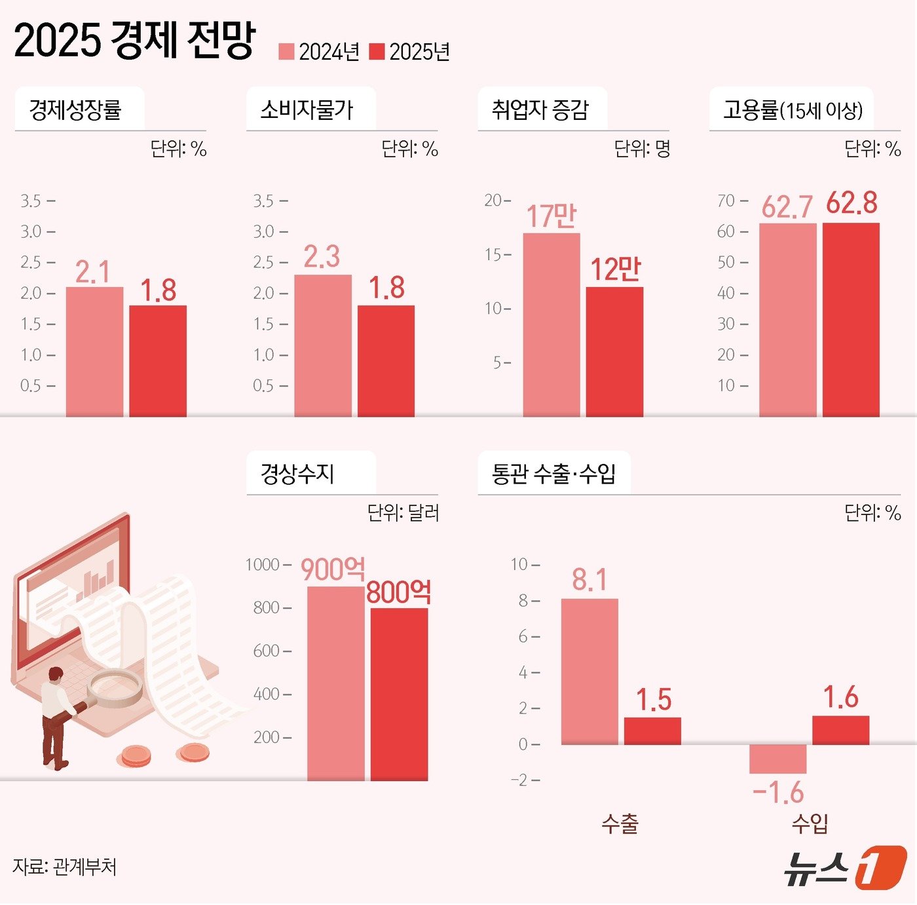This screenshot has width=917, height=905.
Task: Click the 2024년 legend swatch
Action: pos(286,52)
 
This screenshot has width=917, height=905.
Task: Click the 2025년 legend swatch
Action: pos(377,52)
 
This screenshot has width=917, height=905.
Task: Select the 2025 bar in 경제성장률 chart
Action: pos(158,360)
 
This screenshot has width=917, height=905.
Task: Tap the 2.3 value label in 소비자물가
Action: pos(322,257)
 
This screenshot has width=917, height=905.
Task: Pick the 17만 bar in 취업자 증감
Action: pos(551,324)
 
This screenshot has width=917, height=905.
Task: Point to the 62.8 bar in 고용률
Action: pos(851,320)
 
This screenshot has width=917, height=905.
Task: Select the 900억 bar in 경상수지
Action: pos(335,683)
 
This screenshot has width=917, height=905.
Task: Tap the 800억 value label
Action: pos(398,592)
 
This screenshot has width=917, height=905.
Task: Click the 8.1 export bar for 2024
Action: pos(589,671)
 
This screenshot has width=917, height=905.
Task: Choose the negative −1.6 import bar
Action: pos(777,759)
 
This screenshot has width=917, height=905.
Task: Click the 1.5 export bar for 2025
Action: pos(652,731)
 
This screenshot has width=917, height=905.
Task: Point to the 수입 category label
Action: pos(810,824)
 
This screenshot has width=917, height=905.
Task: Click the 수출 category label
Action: pos(620,824)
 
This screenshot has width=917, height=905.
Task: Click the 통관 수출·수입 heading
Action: pos(553,473)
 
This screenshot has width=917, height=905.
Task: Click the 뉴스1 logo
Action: pos(845,868)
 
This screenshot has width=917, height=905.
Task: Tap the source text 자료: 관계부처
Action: pos(64,867)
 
